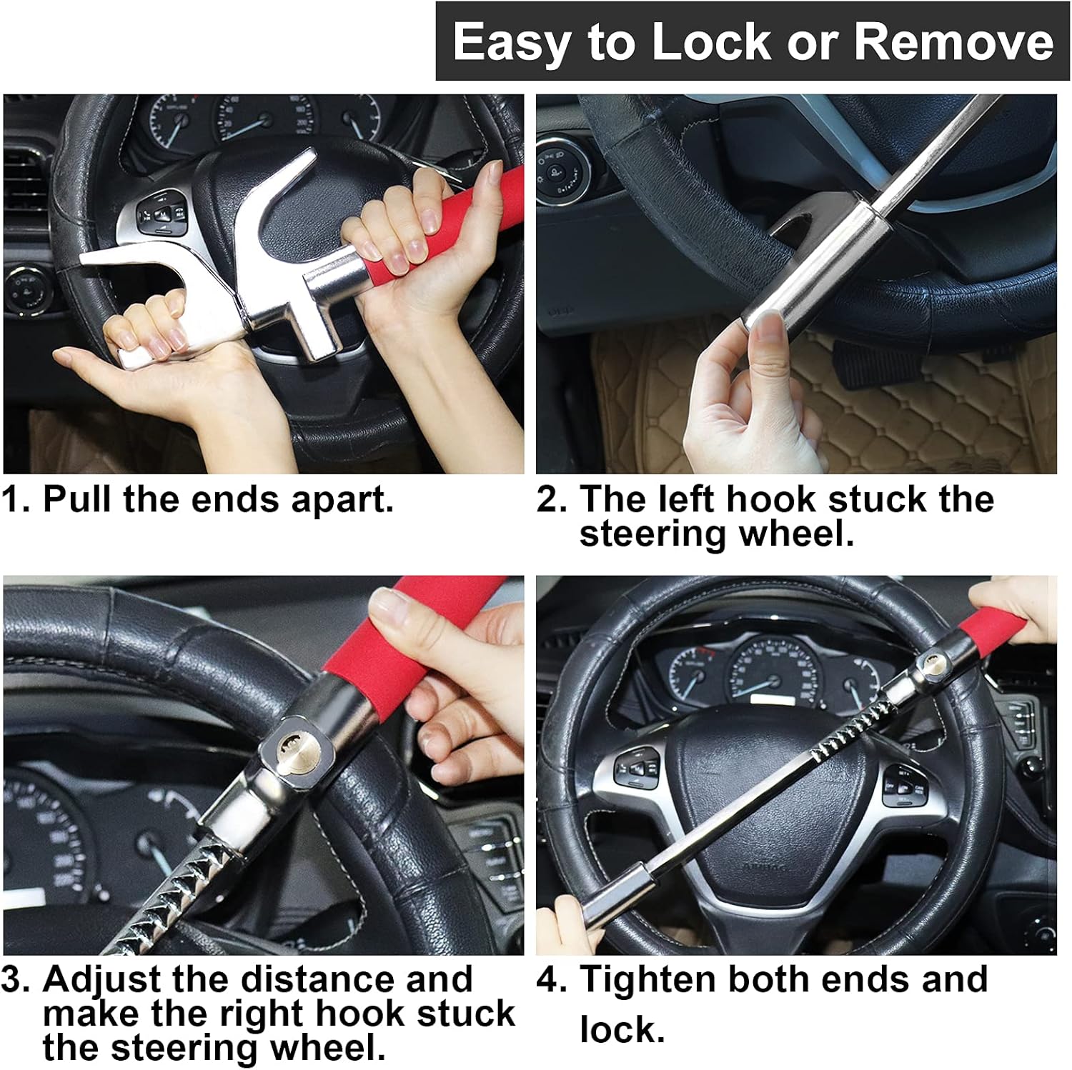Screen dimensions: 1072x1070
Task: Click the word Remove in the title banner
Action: click(953, 41)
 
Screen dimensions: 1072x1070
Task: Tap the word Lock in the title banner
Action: click(711, 41)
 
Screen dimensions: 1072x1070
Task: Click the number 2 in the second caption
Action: click(550, 499)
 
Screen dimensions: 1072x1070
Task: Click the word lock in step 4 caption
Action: click(622, 1029)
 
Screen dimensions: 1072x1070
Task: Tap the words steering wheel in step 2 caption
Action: click(717, 534)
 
